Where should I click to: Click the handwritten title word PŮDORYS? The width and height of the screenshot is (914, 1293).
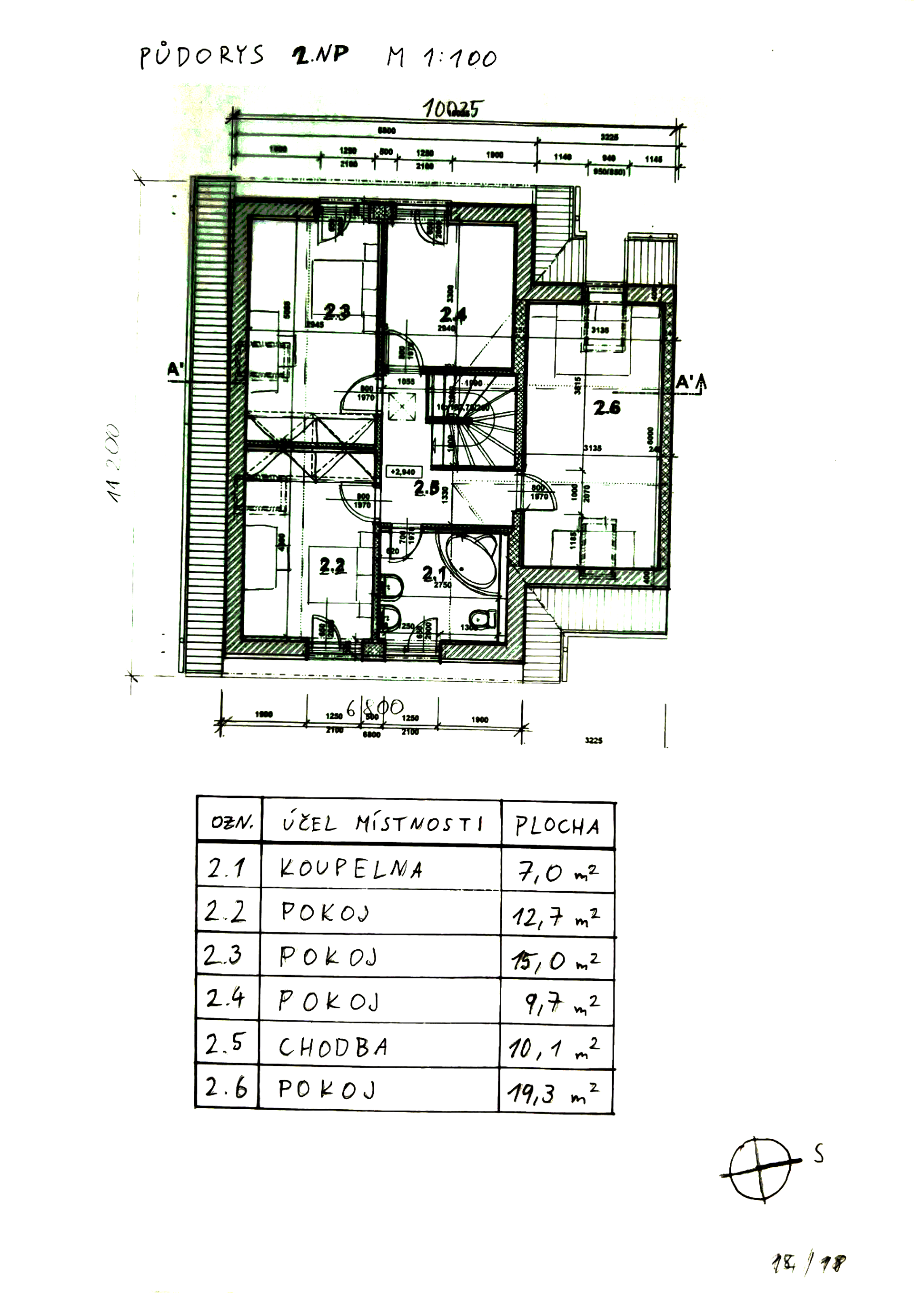click(201, 56)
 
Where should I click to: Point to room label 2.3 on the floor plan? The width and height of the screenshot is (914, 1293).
click(337, 311)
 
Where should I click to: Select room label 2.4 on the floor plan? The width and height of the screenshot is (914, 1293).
click(452, 314)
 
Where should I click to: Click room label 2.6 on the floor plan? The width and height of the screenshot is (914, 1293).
click(606, 407)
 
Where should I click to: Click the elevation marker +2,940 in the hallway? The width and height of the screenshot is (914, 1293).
click(403, 472)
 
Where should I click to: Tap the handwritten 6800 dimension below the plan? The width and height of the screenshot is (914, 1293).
click(375, 707)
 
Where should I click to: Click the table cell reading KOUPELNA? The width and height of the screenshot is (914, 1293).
click(351, 869)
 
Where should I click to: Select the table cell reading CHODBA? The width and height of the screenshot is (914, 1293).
click(333, 1047)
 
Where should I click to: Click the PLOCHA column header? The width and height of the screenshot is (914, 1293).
click(557, 826)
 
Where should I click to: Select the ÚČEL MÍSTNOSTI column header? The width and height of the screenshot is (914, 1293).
click(382, 825)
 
